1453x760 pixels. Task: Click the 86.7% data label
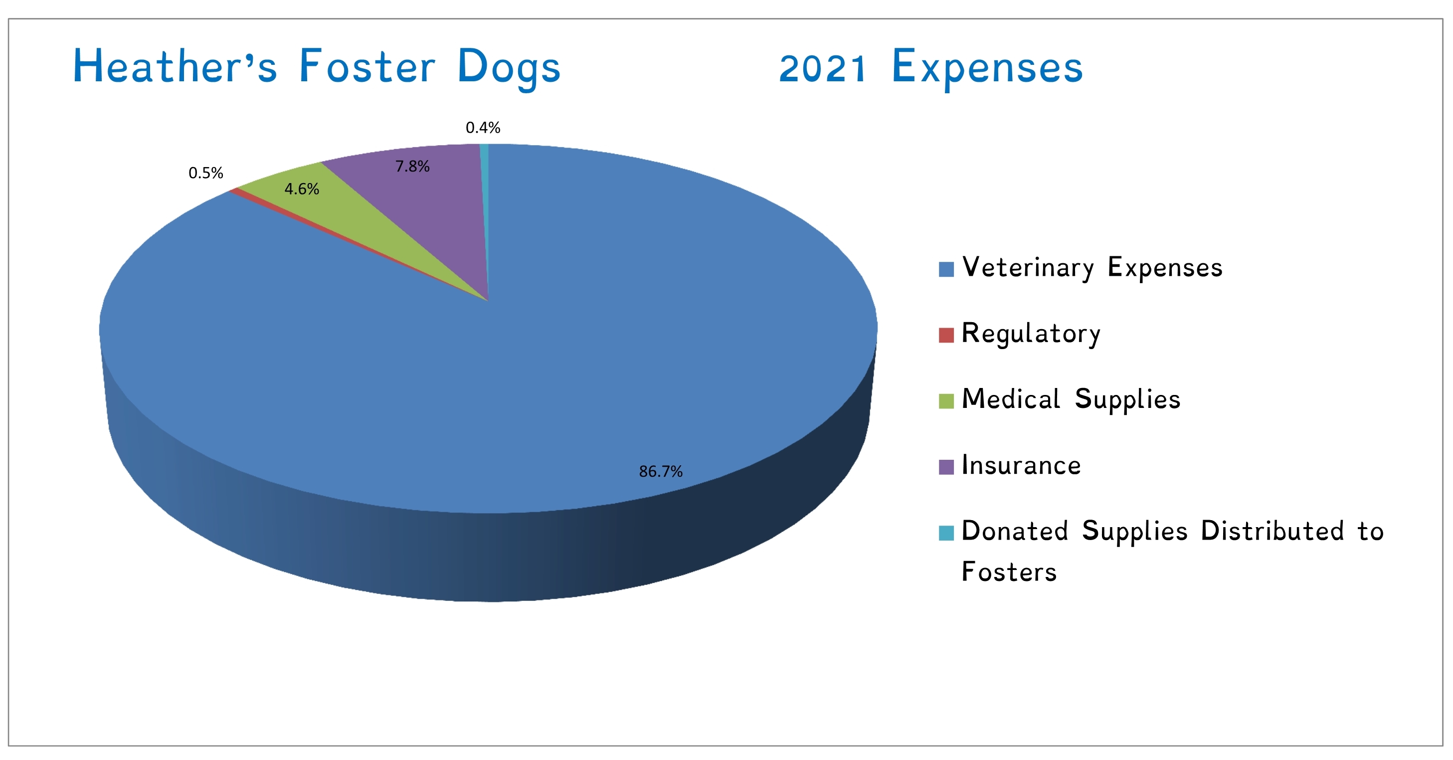[x=661, y=471]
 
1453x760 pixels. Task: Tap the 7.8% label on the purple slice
[x=412, y=167]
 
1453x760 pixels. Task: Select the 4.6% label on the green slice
[x=302, y=189]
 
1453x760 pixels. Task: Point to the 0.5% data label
[x=206, y=173]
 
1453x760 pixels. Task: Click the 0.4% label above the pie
[x=483, y=128]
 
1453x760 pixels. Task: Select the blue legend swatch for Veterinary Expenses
[x=946, y=269]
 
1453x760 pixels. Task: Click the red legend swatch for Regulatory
[x=946, y=335]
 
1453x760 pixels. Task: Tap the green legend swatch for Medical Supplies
[x=946, y=401]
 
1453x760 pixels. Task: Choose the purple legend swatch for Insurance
[x=946, y=467]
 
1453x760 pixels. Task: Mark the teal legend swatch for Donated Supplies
[x=946, y=533]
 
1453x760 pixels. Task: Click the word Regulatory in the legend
[x=1031, y=334]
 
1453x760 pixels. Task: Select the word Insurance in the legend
[x=1021, y=465]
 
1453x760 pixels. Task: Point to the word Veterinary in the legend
[x=1028, y=268]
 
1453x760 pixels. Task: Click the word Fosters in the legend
[x=1009, y=572]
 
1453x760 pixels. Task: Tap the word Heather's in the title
[x=175, y=67]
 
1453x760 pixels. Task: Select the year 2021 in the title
[x=822, y=69]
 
